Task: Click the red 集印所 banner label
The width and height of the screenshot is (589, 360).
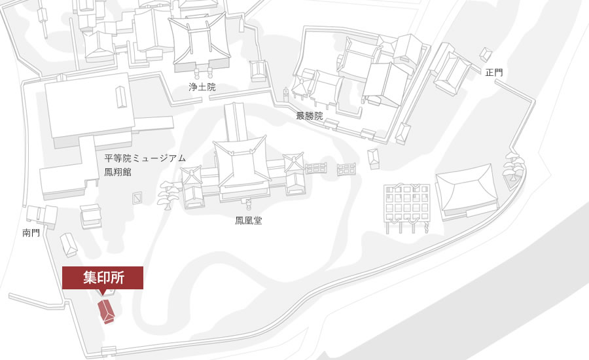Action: (x=103, y=278)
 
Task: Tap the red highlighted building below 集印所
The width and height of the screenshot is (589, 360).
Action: (x=106, y=312)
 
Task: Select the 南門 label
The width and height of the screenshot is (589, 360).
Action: (x=31, y=233)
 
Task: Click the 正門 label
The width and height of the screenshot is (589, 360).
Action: (x=494, y=73)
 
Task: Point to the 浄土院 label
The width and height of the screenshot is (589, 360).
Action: (x=202, y=87)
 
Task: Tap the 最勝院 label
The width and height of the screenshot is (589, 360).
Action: (x=310, y=116)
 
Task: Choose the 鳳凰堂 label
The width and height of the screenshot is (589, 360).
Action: (x=249, y=221)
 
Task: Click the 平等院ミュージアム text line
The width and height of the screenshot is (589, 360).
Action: (x=145, y=158)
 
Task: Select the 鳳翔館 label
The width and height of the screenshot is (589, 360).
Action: (x=118, y=172)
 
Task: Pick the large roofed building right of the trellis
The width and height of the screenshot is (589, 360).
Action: (x=467, y=192)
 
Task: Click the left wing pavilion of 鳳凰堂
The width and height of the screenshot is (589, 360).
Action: (x=192, y=187)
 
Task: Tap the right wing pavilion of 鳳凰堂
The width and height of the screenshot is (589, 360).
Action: (x=294, y=173)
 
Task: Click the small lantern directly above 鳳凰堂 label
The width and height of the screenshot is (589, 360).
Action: (x=248, y=204)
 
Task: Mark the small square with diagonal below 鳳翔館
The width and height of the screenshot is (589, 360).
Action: (x=138, y=198)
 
